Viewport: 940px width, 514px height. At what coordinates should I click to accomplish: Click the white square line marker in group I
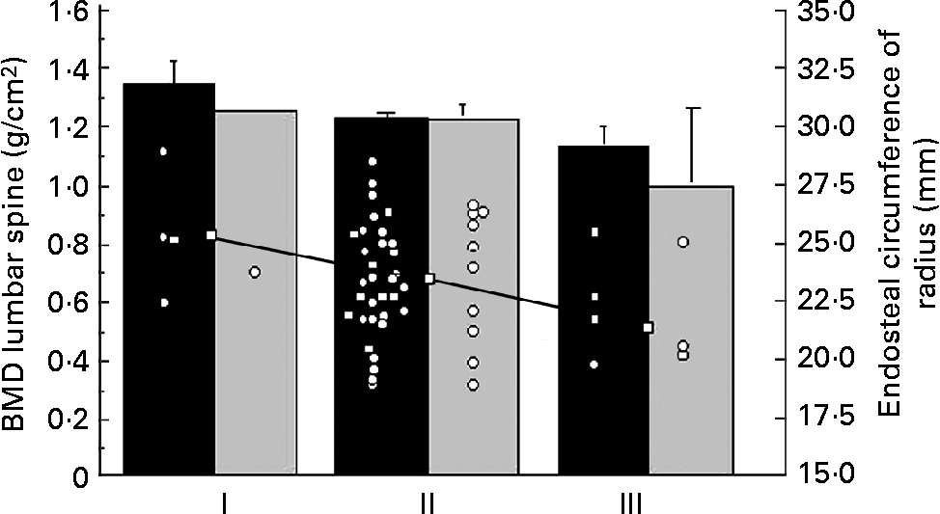click(x=210, y=235)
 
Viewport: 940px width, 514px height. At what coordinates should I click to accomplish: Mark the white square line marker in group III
click(x=649, y=328)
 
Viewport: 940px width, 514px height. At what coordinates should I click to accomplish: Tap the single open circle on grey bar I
click(x=255, y=272)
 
